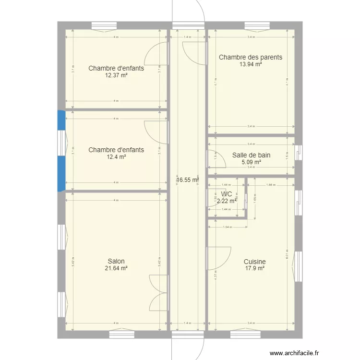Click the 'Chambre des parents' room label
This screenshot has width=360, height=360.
(x=251, y=58)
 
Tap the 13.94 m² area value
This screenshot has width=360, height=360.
(x=251, y=64)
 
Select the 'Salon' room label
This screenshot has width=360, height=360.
(x=116, y=262)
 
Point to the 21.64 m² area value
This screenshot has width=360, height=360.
(x=116, y=269)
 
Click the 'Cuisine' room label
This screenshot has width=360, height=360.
(x=254, y=262)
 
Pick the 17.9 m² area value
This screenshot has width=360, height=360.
(x=254, y=269)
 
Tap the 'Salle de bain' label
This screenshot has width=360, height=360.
(x=251, y=155)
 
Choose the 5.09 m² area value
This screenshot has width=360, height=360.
(x=251, y=162)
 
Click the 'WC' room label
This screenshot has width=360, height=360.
(x=227, y=194)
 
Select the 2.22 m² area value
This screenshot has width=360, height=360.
(x=227, y=201)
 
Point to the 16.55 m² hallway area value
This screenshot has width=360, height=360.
(x=187, y=180)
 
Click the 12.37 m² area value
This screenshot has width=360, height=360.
(x=116, y=75)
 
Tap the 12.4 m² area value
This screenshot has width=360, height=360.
(x=116, y=157)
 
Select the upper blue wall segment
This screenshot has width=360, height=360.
(x=61, y=120)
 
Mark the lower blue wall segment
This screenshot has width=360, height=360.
(x=61, y=173)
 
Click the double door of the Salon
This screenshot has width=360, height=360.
(x=158, y=293)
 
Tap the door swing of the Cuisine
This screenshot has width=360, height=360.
(x=218, y=258)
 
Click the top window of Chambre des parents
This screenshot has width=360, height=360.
(x=256, y=26)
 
